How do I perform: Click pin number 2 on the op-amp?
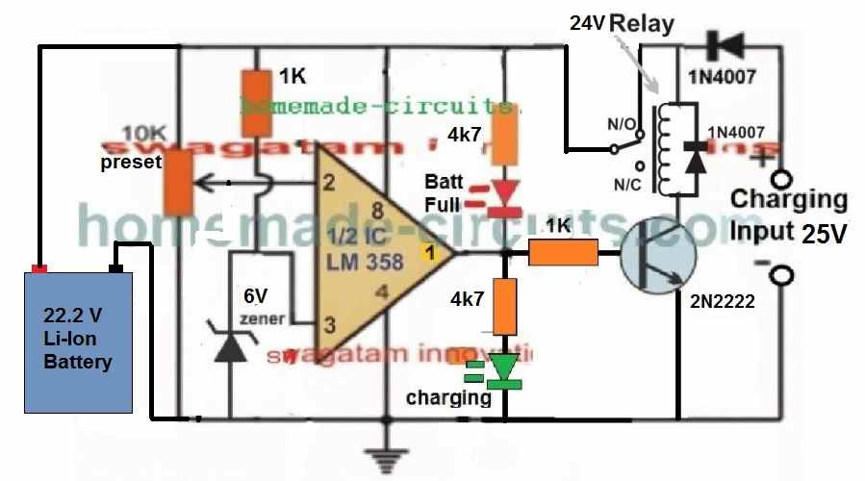click(x=328, y=182)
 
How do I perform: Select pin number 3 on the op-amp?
click(x=328, y=323)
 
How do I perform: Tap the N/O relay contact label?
click(x=586, y=125)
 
